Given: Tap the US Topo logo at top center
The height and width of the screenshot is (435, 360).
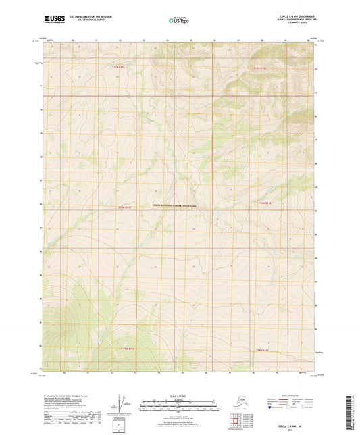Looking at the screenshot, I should tap(179, 20).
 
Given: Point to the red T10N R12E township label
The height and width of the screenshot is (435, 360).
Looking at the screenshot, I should tap(265, 203).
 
